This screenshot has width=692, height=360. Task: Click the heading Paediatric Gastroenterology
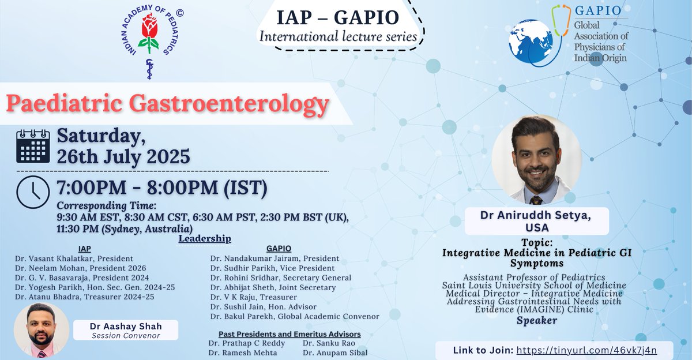click(x=168, y=104)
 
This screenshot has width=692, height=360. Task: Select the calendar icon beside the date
click(x=33, y=146)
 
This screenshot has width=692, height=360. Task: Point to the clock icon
click(x=33, y=192)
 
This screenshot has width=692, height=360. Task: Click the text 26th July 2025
click(x=123, y=156)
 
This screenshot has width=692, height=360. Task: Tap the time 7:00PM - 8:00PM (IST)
click(x=161, y=189)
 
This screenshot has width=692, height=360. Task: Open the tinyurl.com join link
click(x=586, y=350)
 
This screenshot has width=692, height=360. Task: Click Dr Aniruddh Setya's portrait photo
click(x=537, y=160)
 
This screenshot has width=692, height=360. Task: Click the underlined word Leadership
click(x=205, y=238)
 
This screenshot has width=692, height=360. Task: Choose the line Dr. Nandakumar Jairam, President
click(x=274, y=258)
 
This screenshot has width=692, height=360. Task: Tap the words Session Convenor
click(x=125, y=335)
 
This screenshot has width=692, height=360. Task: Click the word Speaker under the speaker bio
click(x=536, y=320)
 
